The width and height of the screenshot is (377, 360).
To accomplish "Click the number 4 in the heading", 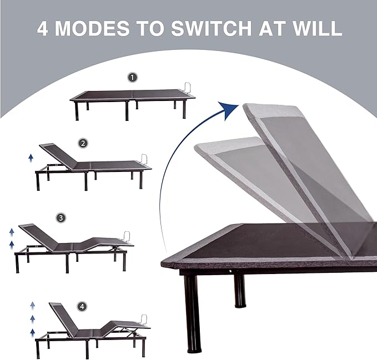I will pyautogui.click(x=44, y=28).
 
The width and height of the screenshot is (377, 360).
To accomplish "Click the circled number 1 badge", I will pyautogui.click(x=132, y=78).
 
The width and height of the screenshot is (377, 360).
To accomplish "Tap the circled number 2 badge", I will pyautogui.click(x=83, y=143).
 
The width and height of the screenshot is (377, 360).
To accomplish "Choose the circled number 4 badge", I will pyautogui.click(x=83, y=306).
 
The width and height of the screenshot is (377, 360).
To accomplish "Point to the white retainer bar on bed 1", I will pyautogui.click(x=187, y=89).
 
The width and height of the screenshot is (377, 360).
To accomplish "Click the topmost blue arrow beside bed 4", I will pyautogui.click(x=32, y=305).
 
